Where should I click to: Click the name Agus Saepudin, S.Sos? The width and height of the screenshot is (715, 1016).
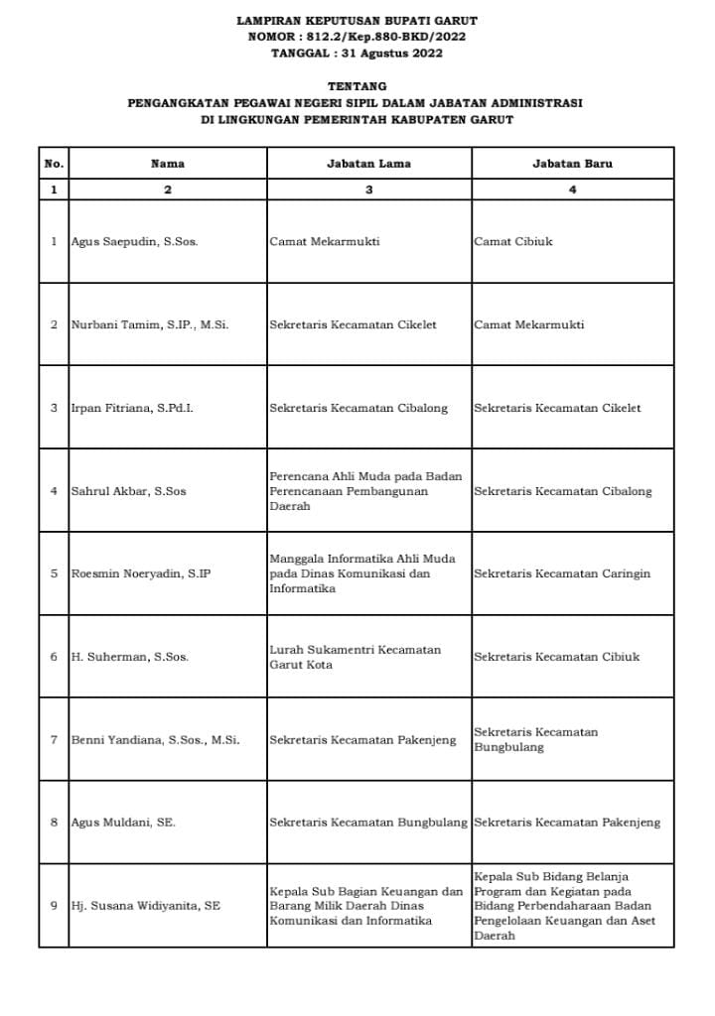pyautogui.click(x=134, y=241)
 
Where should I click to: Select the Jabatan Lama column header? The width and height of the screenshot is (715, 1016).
pyautogui.click(x=368, y=163)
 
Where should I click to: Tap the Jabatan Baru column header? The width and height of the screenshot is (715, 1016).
pyautogui.click(x=572, y=163)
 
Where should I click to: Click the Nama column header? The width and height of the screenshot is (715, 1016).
pyautogui.click(x=167, y=163)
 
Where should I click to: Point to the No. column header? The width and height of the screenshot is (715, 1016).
pyautogui.click(x=54, y=163)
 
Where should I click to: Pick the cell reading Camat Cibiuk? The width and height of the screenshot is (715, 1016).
pyautogui.click(x=513, y=241)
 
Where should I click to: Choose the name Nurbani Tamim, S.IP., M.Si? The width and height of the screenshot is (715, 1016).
pyautogui.click(x=150, y=324)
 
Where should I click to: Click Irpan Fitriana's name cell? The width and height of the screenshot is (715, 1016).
pyautogui.click(x=132, y=408)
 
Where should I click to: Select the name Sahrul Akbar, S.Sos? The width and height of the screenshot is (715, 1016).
pyautogui.click(x=128, y=491)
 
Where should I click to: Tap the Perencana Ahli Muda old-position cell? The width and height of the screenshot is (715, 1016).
pyautogui.click(x=365, y=491)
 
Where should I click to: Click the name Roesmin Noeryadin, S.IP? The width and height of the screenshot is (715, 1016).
pyautogui.click(x=141, y=573)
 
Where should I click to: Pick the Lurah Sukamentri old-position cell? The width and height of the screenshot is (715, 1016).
pyautogui.click(x=355, y=657)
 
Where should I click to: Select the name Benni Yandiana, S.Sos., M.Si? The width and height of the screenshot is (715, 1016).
pyautogui.click(x=155, y=740)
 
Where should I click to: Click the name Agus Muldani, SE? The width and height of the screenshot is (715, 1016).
pyautogui.click(x=123, y=823)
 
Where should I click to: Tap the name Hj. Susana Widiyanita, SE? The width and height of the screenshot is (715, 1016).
pyautogui.click(x=145, y=906)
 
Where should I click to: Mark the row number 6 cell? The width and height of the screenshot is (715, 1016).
pyautogui.click(x=54, y=657)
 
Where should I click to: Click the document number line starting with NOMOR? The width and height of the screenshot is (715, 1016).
pyautogui.click(x=357, y=37)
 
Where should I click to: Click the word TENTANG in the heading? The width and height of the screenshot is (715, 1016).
pyautogui.click(x=357, y=86)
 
